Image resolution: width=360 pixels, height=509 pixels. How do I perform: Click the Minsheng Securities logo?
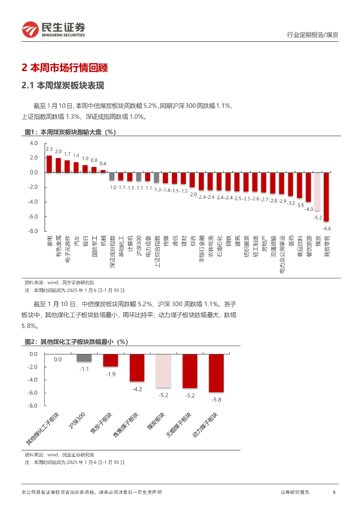pyautogui.click(x=53, y=30)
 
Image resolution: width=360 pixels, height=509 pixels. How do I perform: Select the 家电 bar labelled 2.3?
pyautogui.click(x=49, y=164)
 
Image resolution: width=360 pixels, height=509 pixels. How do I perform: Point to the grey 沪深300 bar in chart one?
pyautogui.click(x=139, y=176)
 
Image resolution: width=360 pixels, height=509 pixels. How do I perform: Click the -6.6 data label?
pyautogui.click(x=327, y=228)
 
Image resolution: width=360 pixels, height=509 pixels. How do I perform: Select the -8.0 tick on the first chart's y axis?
pyautogui.click(x=34, y=231)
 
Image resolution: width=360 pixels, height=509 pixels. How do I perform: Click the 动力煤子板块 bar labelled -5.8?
pyautogui.click(x=216, y=373)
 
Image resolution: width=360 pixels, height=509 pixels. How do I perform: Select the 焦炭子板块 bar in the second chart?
pyautogui.click(x=110, y=360)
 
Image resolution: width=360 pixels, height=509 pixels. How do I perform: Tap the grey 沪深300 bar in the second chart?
pyautogui.click(x=84, y=358)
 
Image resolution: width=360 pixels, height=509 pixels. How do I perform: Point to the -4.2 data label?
pyautogui.click(x=137, y=389)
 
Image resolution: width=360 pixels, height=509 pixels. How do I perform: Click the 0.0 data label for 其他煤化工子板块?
pyautogui.click(x=58, y=359)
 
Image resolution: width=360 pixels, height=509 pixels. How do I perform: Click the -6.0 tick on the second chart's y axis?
pyautogui.click(x=33, y=393)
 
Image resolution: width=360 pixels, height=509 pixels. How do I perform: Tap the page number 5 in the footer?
pyautogui.click(x=334, y=492)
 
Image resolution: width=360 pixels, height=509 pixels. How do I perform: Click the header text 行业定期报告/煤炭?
pyautogui.click(x=313, y=35)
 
